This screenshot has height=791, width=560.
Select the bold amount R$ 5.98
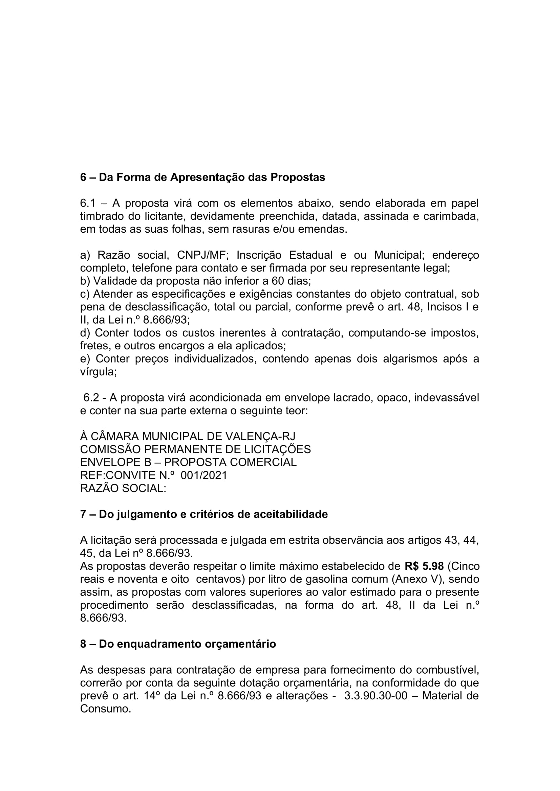424,566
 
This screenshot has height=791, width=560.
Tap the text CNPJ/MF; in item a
202,255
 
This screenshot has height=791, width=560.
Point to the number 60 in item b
278,281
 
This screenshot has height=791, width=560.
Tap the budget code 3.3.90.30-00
376,696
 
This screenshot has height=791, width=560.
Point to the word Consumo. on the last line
106,709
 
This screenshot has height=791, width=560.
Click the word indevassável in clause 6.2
446,398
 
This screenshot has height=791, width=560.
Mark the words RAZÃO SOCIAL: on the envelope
123,489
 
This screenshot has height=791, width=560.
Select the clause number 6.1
88,203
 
